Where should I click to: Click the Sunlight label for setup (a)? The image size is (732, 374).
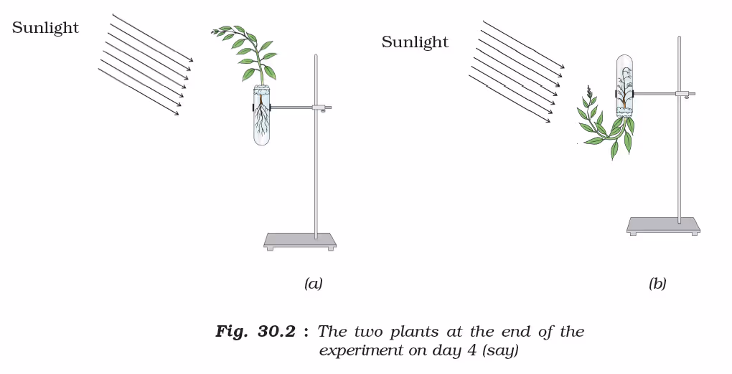click(x=45, y=28)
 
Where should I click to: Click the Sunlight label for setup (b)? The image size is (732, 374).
click(x=415, y=42)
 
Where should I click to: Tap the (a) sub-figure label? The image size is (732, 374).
click(x=313, y=284)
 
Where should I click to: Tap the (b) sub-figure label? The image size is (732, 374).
click(x=657, y=284)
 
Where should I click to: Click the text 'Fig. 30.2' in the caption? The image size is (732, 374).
click(x=255, y=332)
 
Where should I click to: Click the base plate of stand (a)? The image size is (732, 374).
click(x=300, y=239)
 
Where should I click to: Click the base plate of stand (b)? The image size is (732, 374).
click(x=663, y=224)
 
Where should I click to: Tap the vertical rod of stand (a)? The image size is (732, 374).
click(x=316, y=165)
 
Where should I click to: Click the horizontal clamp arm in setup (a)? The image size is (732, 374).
click(x=291, y=107)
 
